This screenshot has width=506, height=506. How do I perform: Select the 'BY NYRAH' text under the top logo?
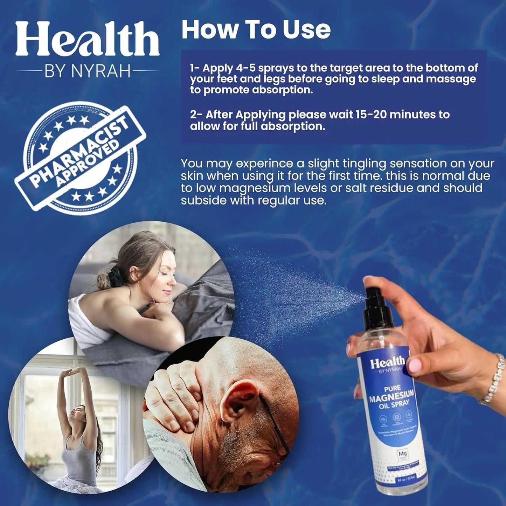[x=87, y=71]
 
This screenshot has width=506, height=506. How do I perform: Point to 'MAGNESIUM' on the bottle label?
[x=391, y=397]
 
